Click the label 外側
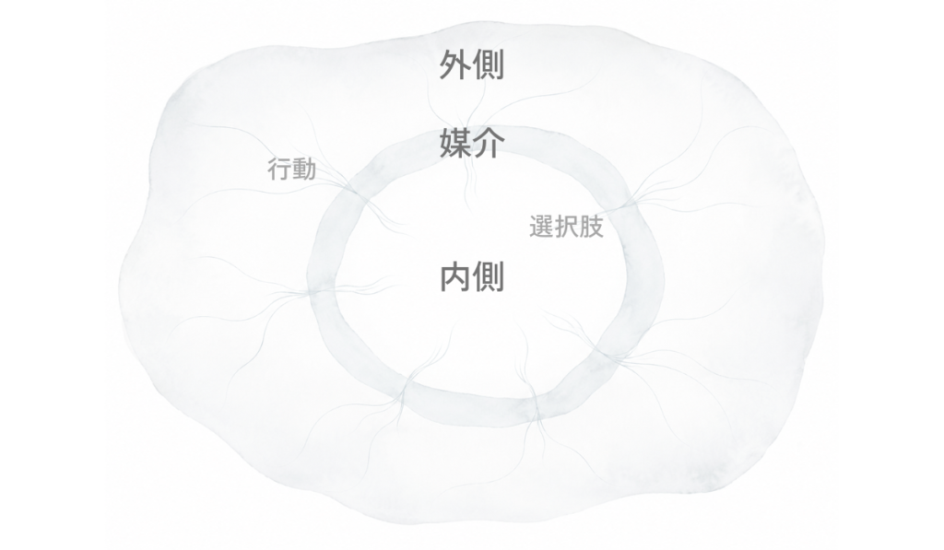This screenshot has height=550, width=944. click(471, 65)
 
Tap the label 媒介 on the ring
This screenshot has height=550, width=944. click(471, 143)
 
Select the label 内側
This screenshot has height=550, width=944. click(471, 276)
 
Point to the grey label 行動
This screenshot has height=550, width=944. click(291, 170)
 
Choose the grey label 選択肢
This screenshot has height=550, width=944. click(566, 227)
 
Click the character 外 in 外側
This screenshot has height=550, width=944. click(454, 65)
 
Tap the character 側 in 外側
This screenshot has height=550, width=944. click(489, 65)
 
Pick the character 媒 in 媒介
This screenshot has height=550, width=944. click(454, 143)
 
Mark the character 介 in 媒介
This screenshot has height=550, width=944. click(489, 143)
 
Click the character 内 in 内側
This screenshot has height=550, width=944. click(454, 276)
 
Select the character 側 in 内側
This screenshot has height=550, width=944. click(489, 276)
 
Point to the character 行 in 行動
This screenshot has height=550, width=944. click(279, 170)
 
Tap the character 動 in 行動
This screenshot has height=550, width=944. click(304, 170)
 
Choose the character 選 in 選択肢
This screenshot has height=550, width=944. click(541, 227)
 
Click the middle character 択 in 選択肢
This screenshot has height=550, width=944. click(566, 227)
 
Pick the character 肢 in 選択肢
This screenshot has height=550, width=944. click(591, 227)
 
